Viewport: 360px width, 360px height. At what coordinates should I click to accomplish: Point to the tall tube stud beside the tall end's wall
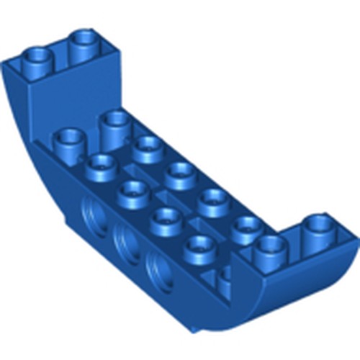114,122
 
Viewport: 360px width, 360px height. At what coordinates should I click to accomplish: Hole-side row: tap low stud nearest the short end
199,247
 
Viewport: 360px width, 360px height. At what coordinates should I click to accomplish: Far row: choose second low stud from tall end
180,172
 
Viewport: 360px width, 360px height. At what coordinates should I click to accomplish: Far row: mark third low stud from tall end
214,198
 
